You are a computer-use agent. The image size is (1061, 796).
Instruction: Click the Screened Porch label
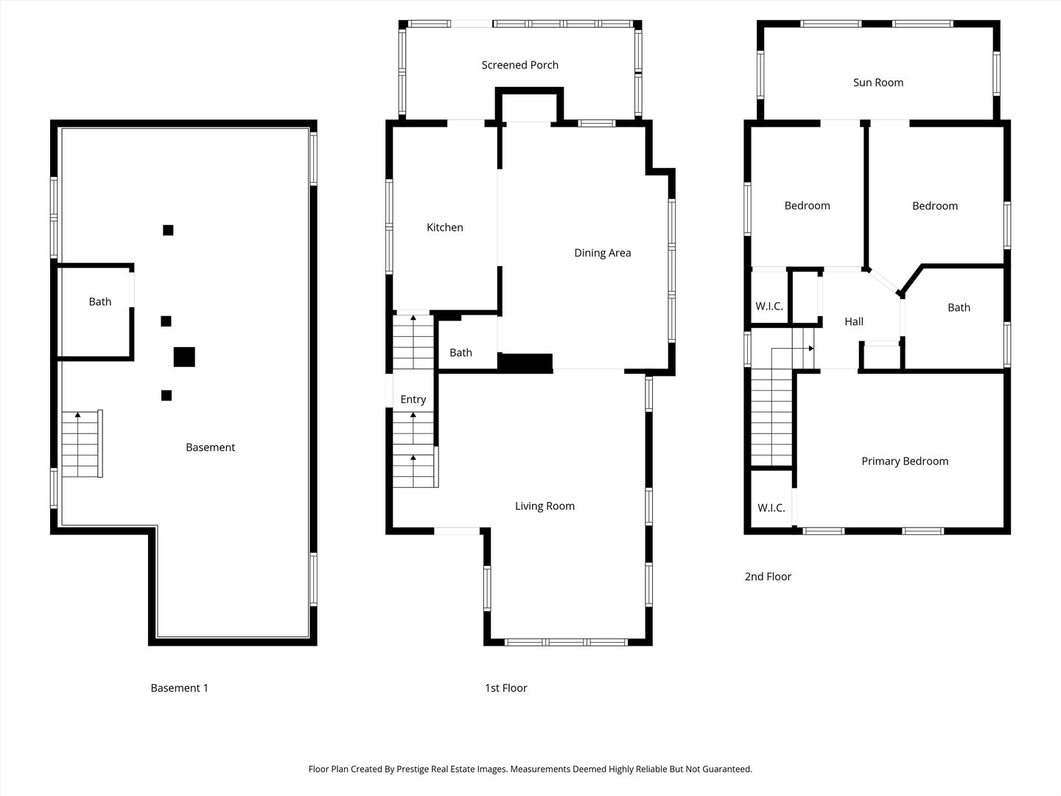click(x=519, y=65)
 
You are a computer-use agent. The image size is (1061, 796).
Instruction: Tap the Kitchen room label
click(x=445, y=228)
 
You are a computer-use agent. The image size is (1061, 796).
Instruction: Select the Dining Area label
click(x=602, y=253)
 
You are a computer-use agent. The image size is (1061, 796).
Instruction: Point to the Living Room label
click(x=544, y=506)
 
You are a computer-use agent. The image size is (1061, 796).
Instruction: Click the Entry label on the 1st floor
click(x=413, y=399)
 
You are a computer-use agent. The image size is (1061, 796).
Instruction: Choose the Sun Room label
click(x=878, y=83)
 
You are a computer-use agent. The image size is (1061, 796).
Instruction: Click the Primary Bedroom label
click(x=905, y=461)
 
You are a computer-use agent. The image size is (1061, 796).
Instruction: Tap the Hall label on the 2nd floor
click(x=854, y=321)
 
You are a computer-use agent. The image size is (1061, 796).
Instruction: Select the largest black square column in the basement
click(x=184, y=357)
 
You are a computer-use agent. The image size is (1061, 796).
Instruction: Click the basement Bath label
click(x=100, y=301)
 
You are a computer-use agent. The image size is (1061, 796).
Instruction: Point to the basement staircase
click(x=80, y=444)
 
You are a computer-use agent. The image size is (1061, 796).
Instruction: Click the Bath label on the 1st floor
click(x=461, y=352)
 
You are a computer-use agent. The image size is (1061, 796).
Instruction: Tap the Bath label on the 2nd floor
click(x=959, y=307)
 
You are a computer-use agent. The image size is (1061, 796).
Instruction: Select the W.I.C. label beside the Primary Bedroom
click(x=771, y=508)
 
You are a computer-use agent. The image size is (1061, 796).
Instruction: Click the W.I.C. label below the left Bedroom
click(x=768, y=307)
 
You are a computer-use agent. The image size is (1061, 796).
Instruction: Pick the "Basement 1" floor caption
click(x=179, y=688)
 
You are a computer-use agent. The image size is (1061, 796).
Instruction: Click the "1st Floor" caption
click(x=505, y=688)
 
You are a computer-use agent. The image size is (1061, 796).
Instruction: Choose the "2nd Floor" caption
click(x=768, y=576)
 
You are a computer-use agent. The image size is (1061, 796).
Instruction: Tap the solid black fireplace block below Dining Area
click(x=525, y=363)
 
